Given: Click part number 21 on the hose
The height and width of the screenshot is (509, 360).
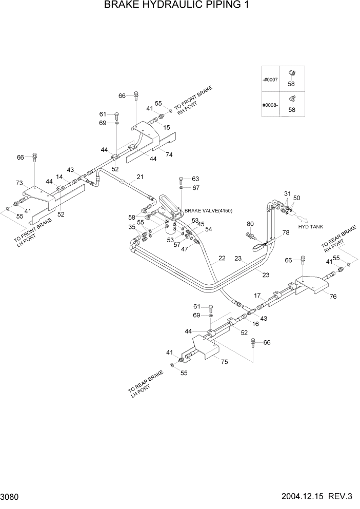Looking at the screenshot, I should (139, 178).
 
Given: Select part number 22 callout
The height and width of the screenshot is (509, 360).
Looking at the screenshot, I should (222, 258).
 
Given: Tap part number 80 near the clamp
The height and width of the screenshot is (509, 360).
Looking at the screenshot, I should (250, 224).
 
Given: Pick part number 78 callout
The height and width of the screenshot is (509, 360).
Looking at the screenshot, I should (286, 232).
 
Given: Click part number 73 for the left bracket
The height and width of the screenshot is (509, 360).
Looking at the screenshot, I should (19, 183).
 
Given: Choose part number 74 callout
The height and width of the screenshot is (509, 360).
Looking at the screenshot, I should (169, 154).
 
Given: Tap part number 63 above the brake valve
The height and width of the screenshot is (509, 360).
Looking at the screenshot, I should (195, 179).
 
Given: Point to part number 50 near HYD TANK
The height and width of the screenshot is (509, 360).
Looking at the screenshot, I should (297, 198).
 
